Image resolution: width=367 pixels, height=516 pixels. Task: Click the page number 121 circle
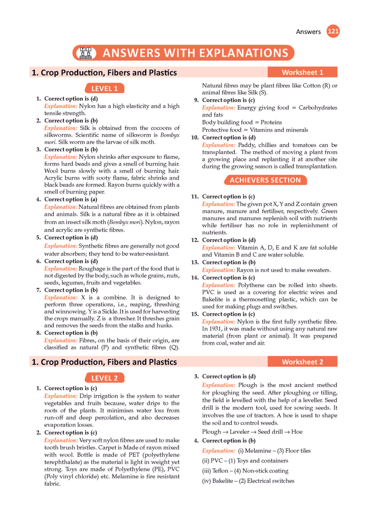(333, 31)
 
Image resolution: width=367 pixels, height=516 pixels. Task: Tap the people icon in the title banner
(86, 53)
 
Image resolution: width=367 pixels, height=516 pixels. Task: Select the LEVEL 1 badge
(104, 89)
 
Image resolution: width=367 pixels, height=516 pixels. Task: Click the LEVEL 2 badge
(104, 378)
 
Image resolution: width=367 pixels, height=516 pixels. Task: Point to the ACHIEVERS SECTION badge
(265, 180)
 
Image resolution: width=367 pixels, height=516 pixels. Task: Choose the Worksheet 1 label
(302, 72)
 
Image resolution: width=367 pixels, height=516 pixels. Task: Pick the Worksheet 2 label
(302, 362)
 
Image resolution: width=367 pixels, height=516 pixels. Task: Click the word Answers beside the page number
(308, 32)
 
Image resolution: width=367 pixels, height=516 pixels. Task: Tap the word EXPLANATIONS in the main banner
(243, 53)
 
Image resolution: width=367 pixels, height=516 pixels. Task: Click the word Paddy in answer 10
(247, 145)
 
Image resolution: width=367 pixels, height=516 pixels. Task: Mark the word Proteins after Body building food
(271, 123)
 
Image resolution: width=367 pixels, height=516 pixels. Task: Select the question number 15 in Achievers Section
(195, 314)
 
